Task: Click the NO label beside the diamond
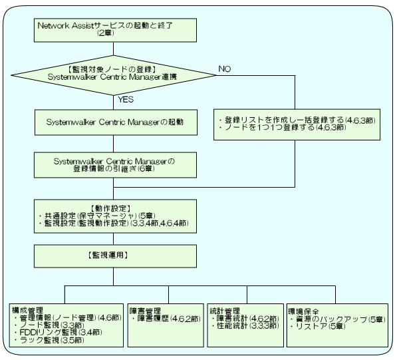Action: coord(225,69)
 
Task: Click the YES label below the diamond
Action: coord(126,99)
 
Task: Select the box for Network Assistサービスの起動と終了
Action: coord(116,30)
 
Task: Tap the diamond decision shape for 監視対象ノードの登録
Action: coord(113,75)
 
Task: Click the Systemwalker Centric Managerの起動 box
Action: coord(116,122)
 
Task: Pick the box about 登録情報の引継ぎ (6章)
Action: coord(116,165)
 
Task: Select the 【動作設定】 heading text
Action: coord(110,208)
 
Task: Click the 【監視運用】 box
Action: coord(116,256)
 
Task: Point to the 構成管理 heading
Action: coord(28,310)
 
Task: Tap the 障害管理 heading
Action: coord(145,311)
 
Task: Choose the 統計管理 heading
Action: coord(225,311)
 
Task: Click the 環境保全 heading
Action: coord(303,311)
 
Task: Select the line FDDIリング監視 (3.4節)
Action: coord(58,332)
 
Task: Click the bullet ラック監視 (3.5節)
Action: coord(49,340)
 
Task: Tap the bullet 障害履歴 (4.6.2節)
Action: coord(166,319)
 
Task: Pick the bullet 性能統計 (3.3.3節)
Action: coord(245,325)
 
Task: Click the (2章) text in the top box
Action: coord(106,33)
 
